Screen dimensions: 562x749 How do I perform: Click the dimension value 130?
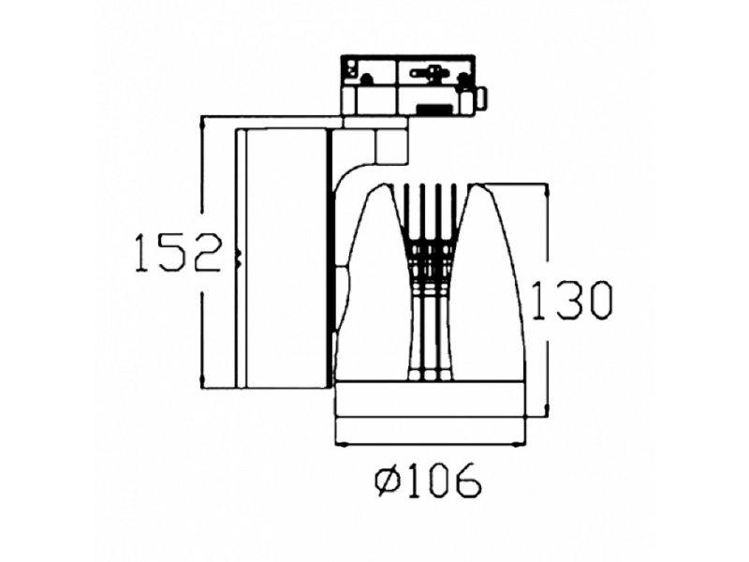coord(572,301)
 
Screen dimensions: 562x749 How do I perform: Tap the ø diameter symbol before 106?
coord(387,482)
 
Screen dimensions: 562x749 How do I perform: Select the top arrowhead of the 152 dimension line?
coord(202,123)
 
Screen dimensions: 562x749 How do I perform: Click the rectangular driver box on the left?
coord(281,258)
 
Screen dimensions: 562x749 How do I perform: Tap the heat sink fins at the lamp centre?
coord(431,281)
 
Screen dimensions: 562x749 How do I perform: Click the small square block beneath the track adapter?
coord(388,144)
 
